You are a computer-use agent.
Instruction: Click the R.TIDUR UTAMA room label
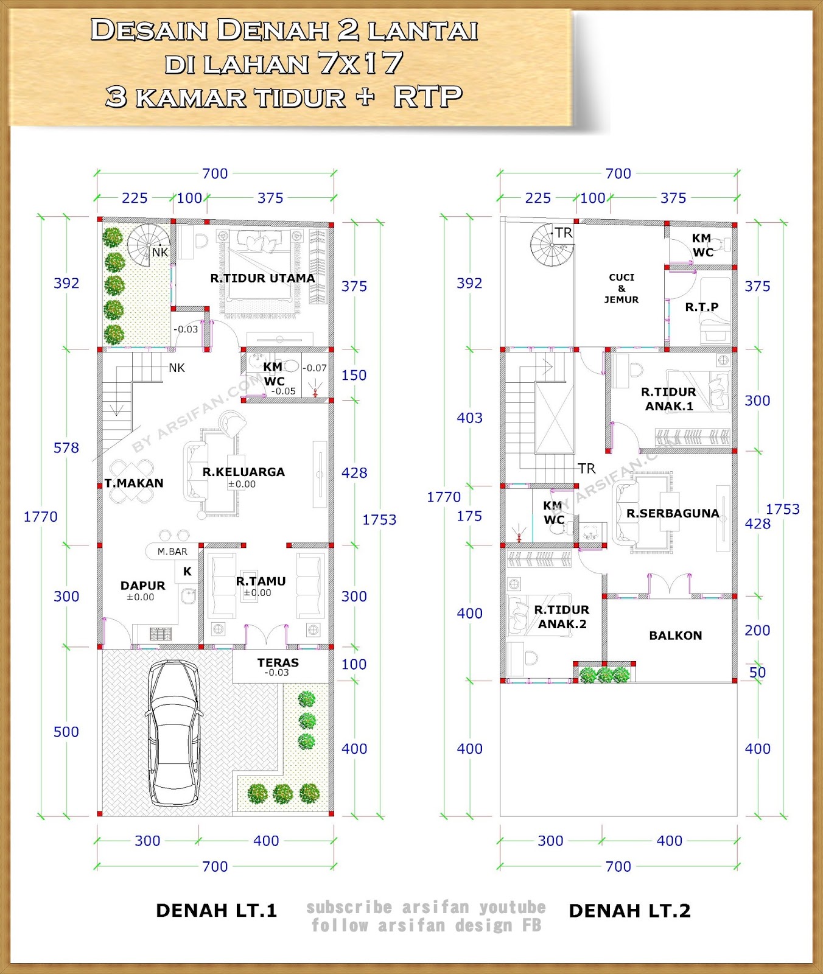point(262,278)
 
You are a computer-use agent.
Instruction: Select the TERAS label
point(278,662)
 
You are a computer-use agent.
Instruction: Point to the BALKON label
point(676,636)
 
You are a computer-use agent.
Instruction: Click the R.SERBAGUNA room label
point(673,513)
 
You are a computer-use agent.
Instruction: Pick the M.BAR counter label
point(173,552)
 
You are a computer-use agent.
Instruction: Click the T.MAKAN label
point(134,483)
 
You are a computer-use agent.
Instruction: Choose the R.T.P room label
point(702,307)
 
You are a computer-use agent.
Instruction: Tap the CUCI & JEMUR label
point(622,289)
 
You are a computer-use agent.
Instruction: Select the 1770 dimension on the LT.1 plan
point(41,517)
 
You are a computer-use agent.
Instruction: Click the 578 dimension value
point(66,448)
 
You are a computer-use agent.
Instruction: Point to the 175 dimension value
point(469,516)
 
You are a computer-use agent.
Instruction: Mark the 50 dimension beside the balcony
point(757,673)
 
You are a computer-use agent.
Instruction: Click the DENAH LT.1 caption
point(217,911)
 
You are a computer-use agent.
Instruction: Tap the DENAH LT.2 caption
point(630,911)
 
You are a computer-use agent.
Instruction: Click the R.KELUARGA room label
point(243,472)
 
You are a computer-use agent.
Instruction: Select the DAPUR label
point(143,586)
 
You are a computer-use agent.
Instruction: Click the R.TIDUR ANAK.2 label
point(562,617)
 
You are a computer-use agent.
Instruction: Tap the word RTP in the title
point(428,97)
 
